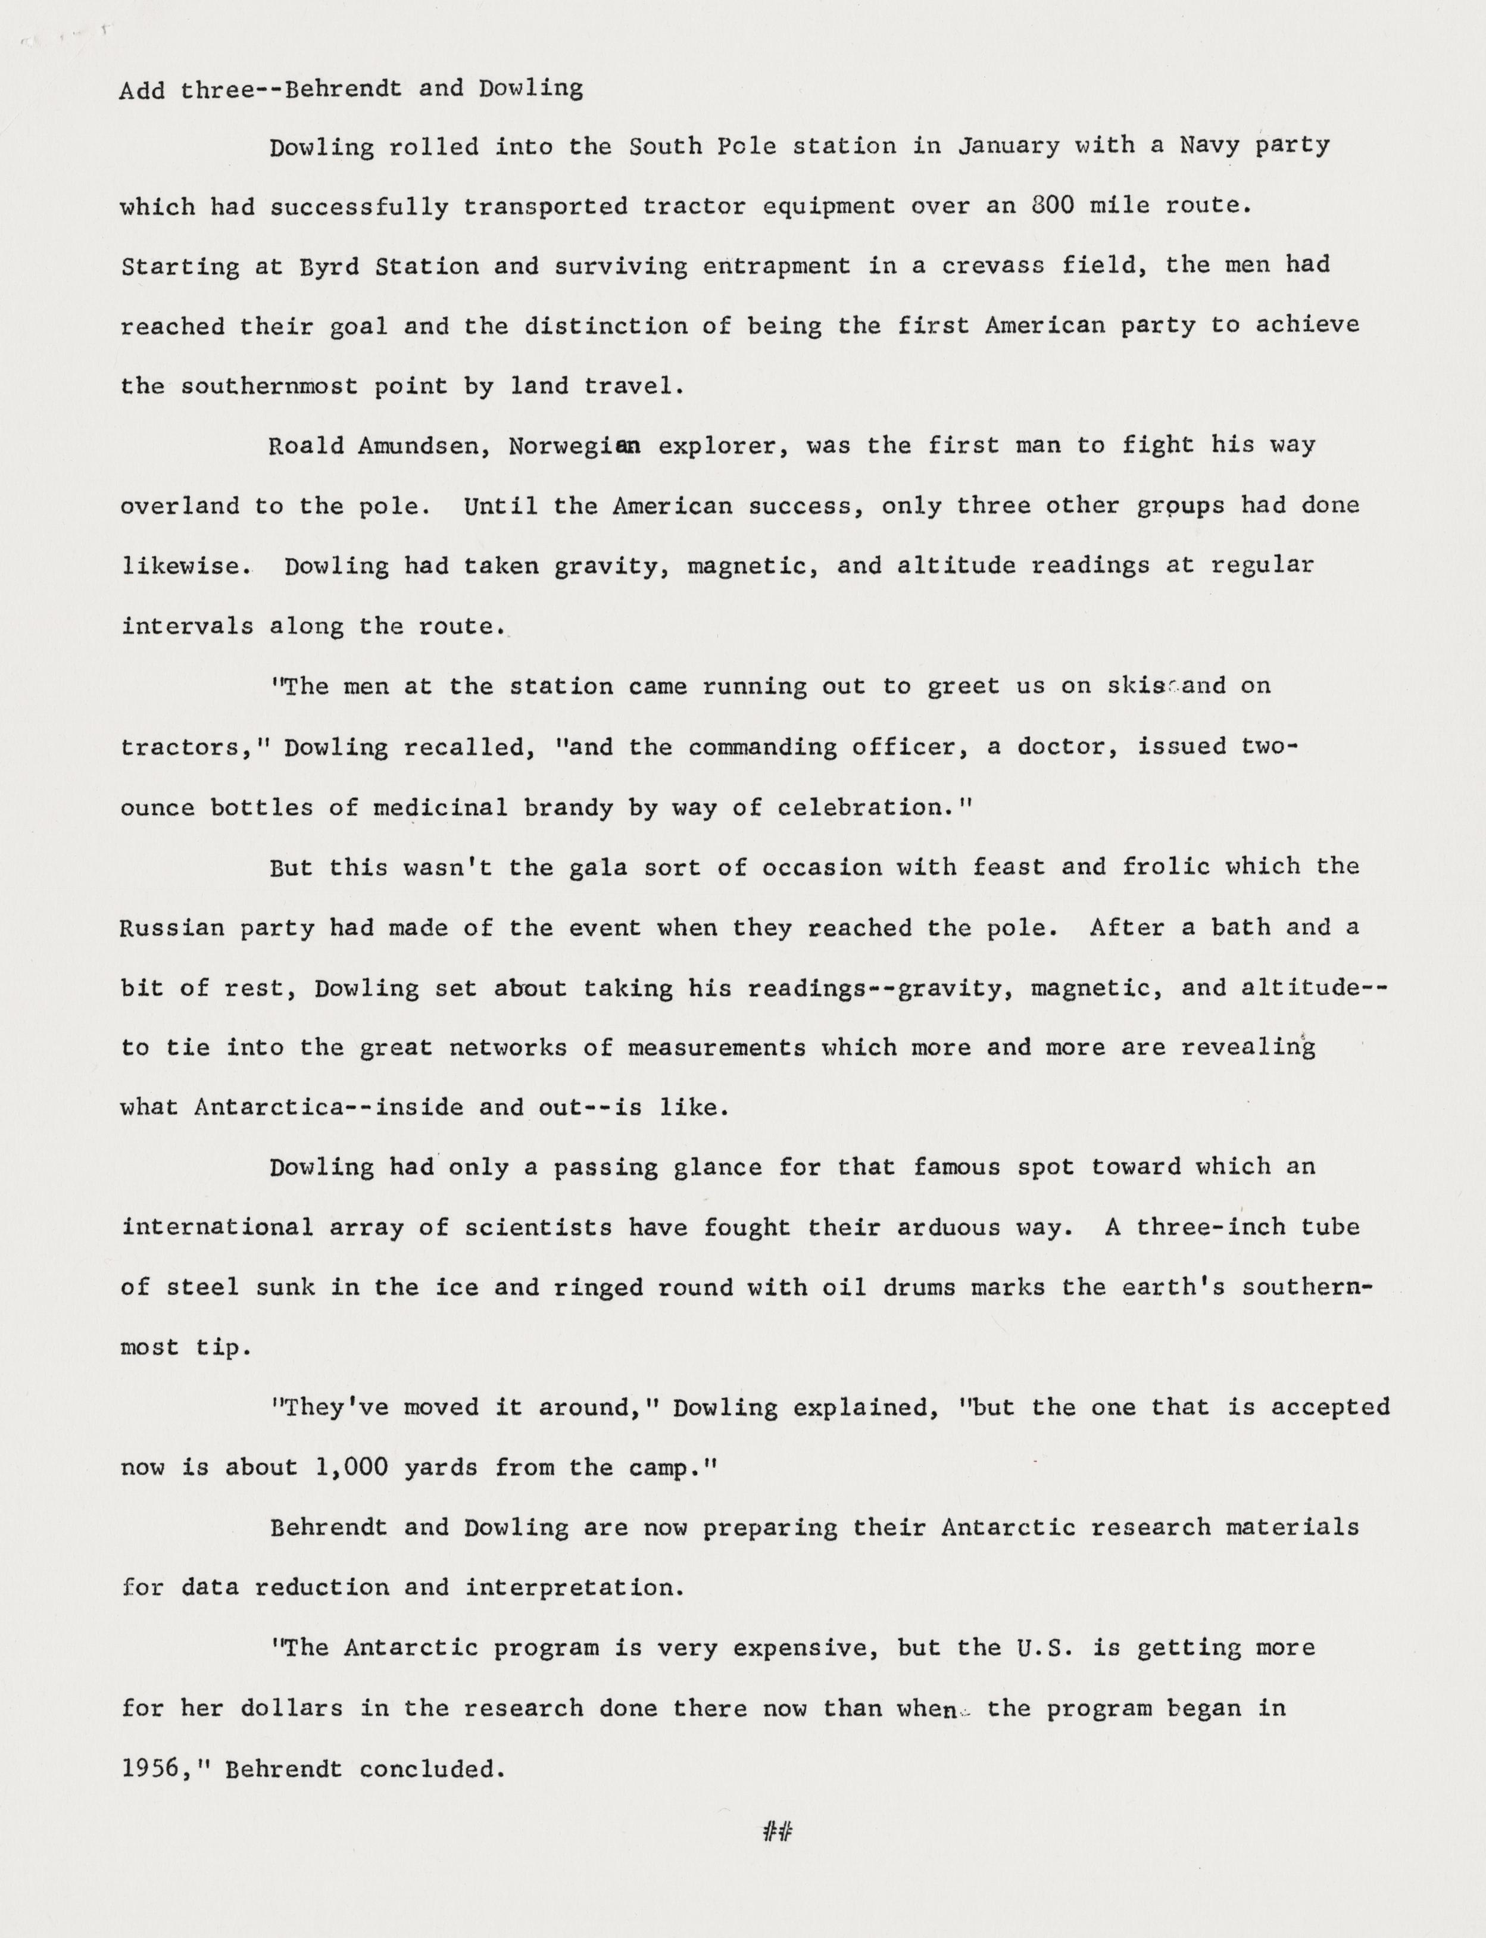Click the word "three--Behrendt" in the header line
click(291, 89)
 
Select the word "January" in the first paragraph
click(1009, 145)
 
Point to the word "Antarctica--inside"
click(328, 1107)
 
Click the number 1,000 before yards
click(351, 1468)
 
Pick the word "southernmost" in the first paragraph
click(269, 386)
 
